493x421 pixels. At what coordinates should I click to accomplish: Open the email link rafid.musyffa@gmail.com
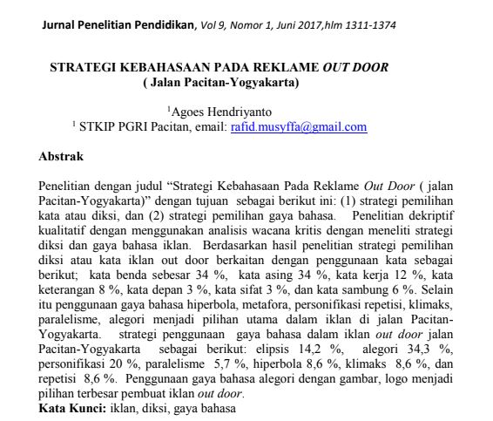pos(299,126)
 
